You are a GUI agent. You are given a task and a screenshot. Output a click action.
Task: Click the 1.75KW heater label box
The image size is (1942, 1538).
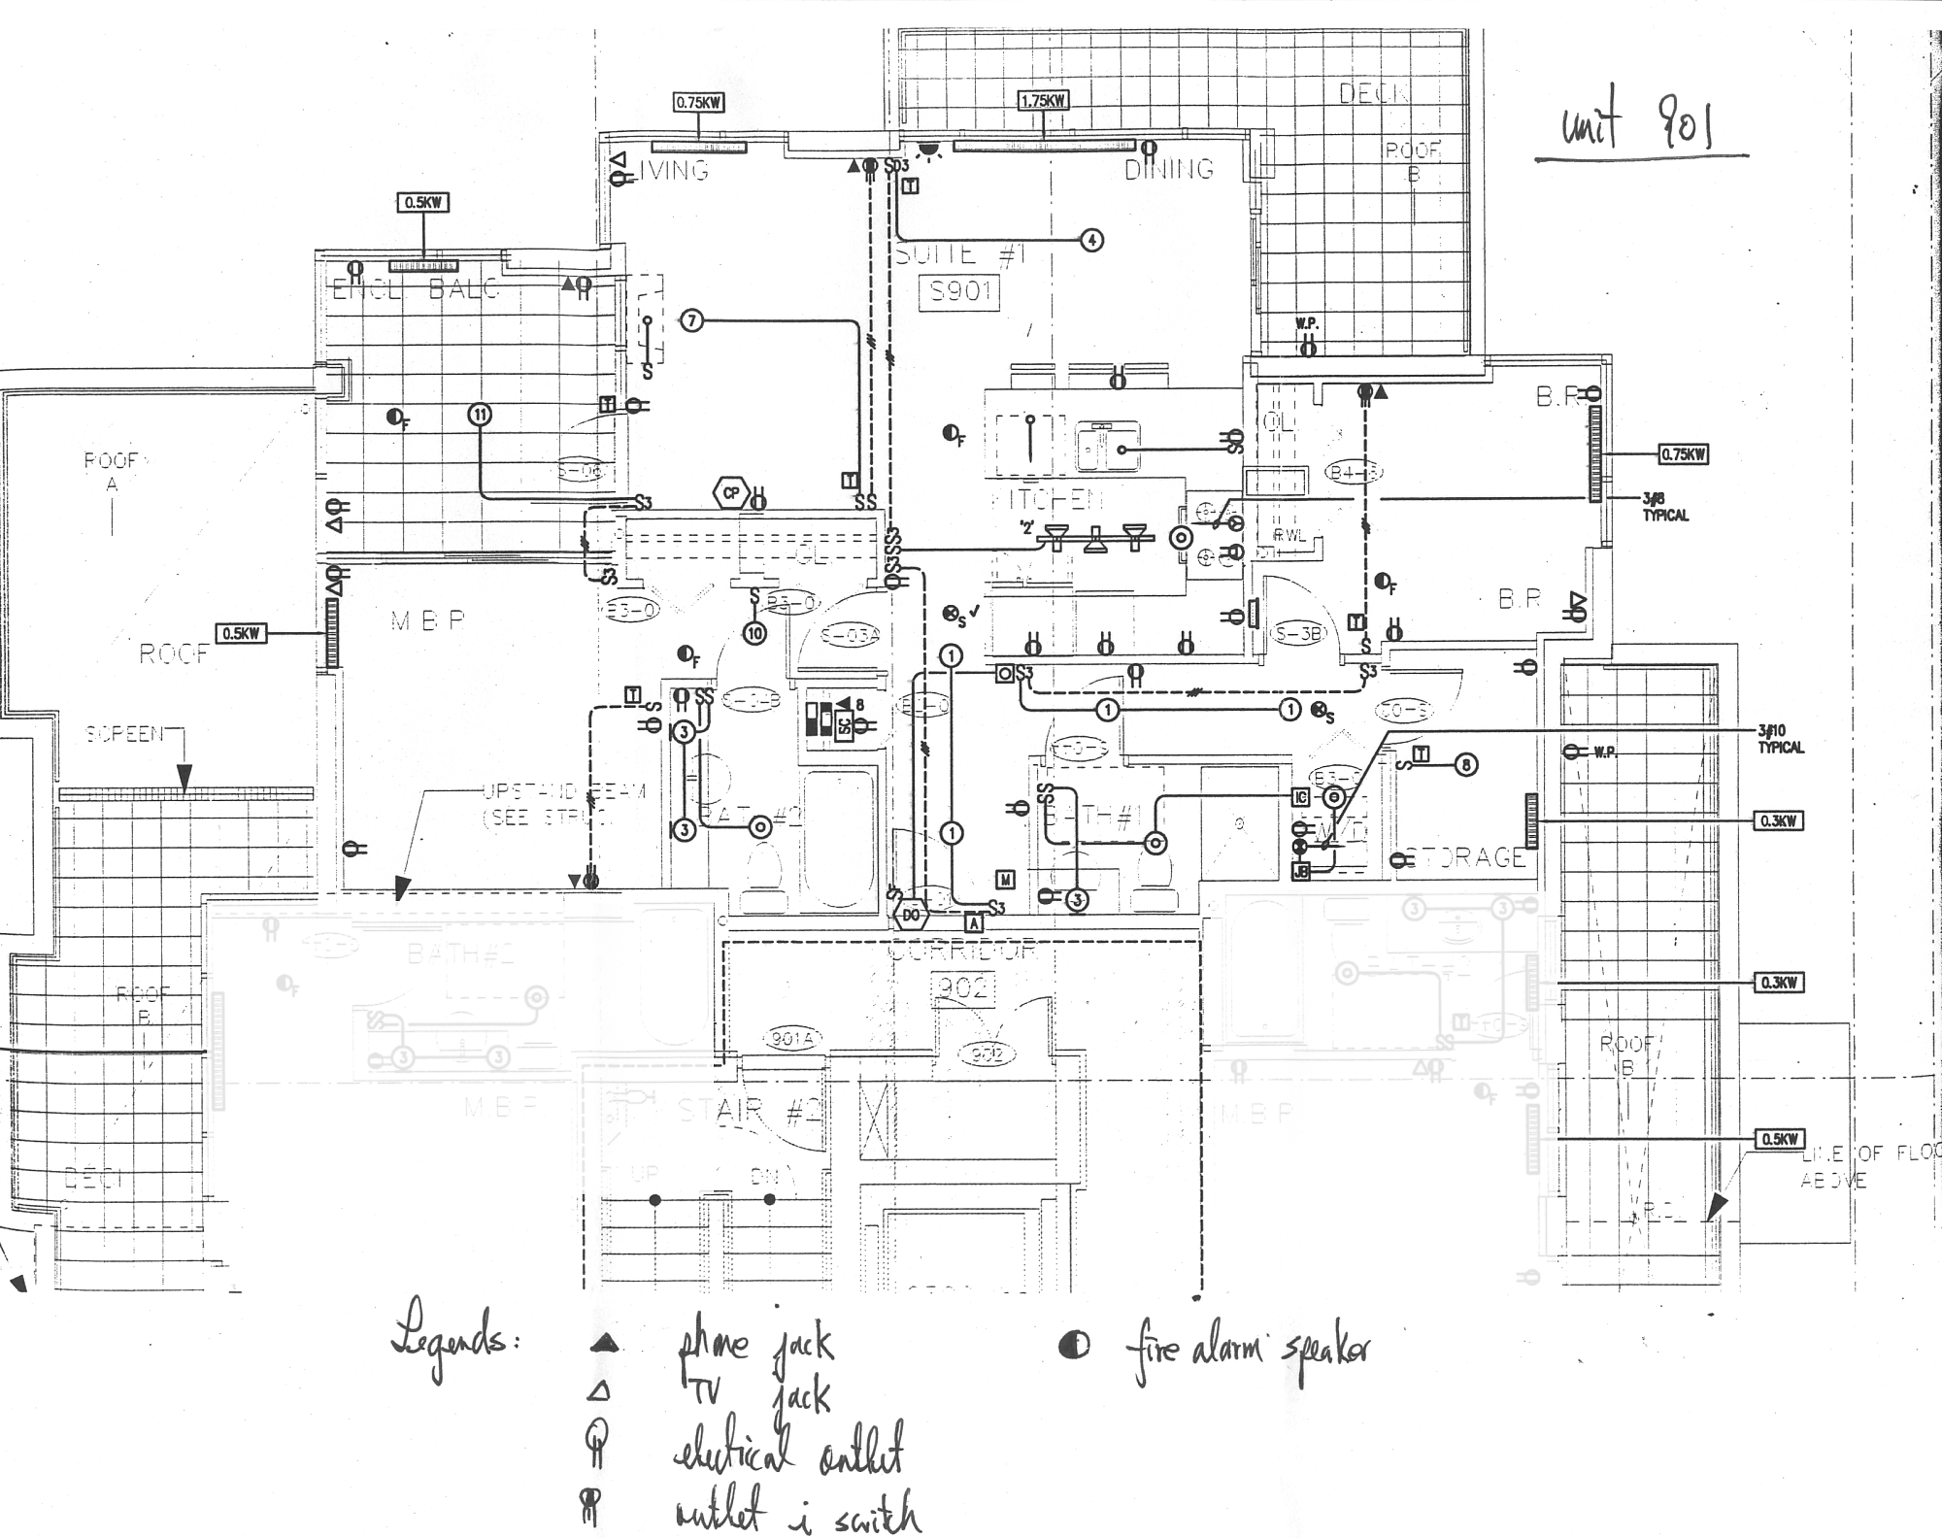click(x=1044, y=100)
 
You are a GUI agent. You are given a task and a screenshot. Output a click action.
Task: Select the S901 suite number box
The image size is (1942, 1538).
click(x=958, y=290)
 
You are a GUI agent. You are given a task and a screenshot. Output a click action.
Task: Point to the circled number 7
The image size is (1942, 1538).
click(x=690, y=320)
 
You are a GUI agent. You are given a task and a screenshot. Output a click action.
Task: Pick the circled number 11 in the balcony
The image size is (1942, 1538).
click(x=480, y=415)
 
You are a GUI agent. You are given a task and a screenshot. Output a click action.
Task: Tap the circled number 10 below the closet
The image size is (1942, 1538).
click(x=754, y=633)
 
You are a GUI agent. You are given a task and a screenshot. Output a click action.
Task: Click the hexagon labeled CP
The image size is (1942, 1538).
click(x=730, y=493)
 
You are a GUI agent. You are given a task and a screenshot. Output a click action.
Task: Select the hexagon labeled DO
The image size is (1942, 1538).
click(x=911, y=914)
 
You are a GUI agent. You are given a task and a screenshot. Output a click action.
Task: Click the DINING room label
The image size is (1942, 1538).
click(x=1169, y=169)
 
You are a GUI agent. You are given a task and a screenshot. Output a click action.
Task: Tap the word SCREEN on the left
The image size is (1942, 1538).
click(x=125, y=734)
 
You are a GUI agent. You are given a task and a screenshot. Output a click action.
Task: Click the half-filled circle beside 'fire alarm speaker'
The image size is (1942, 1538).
click(x=1074, y=1346)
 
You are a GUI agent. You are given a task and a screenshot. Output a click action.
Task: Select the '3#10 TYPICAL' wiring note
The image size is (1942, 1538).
click(x=1780, y=739)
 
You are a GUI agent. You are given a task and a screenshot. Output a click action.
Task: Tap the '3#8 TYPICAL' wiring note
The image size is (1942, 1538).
click(x=1665, y=507)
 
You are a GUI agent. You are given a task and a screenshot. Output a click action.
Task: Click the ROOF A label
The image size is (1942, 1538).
click(x=112, y=471)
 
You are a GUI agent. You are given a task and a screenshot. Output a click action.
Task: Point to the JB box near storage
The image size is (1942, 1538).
click(x=1301, y=871)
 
